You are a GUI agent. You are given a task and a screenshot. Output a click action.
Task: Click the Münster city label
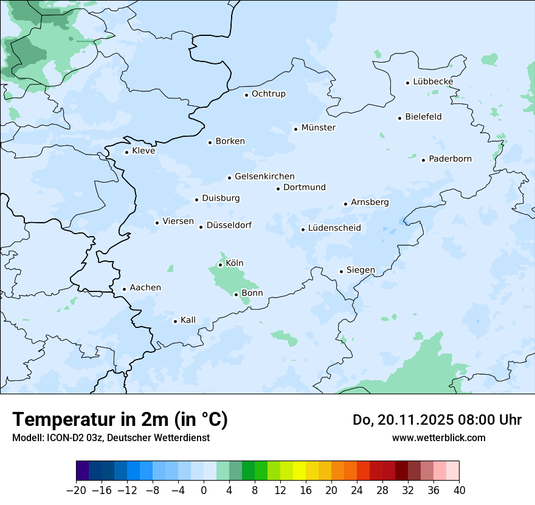(x=318, y=128)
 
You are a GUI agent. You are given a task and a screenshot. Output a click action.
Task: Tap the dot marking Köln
(x=220, y=265)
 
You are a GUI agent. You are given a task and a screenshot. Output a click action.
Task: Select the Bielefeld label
(x=423, y=117)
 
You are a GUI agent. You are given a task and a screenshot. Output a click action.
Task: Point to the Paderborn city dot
(x=424, y=160)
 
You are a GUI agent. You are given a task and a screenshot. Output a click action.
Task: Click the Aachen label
(x=145, y=288)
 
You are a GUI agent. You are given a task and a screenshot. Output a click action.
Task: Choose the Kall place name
(x=188, y=320)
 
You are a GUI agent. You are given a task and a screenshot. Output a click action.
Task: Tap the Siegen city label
(x=361, y=270)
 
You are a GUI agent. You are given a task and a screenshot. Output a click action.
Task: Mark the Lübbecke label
(x=433, y=82)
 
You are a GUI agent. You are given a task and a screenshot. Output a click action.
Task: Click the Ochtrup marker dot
(x=246, y=94)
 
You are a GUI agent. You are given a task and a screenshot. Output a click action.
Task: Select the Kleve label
(x=143, y=151)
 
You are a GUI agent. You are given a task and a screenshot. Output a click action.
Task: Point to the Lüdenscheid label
(x=334, y=228)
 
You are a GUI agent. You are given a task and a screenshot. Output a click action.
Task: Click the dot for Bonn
(x=236, y=294)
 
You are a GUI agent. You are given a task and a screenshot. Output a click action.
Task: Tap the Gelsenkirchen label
(x=264, y=176)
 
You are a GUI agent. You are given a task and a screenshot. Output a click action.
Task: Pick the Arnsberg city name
(x=370, y=203)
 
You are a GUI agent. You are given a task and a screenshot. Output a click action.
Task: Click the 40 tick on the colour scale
(x=459, y=490)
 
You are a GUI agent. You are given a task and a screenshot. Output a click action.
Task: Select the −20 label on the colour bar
(x=76, y=490)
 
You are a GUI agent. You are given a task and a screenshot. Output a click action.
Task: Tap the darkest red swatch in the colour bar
(x=401, y=471)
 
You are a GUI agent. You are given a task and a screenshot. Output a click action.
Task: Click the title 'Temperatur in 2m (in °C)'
(x=120, y=420)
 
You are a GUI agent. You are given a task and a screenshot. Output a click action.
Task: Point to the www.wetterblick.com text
(x=438, y=437)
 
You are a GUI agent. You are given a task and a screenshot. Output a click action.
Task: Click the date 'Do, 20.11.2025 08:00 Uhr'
(x=437, y=420)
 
